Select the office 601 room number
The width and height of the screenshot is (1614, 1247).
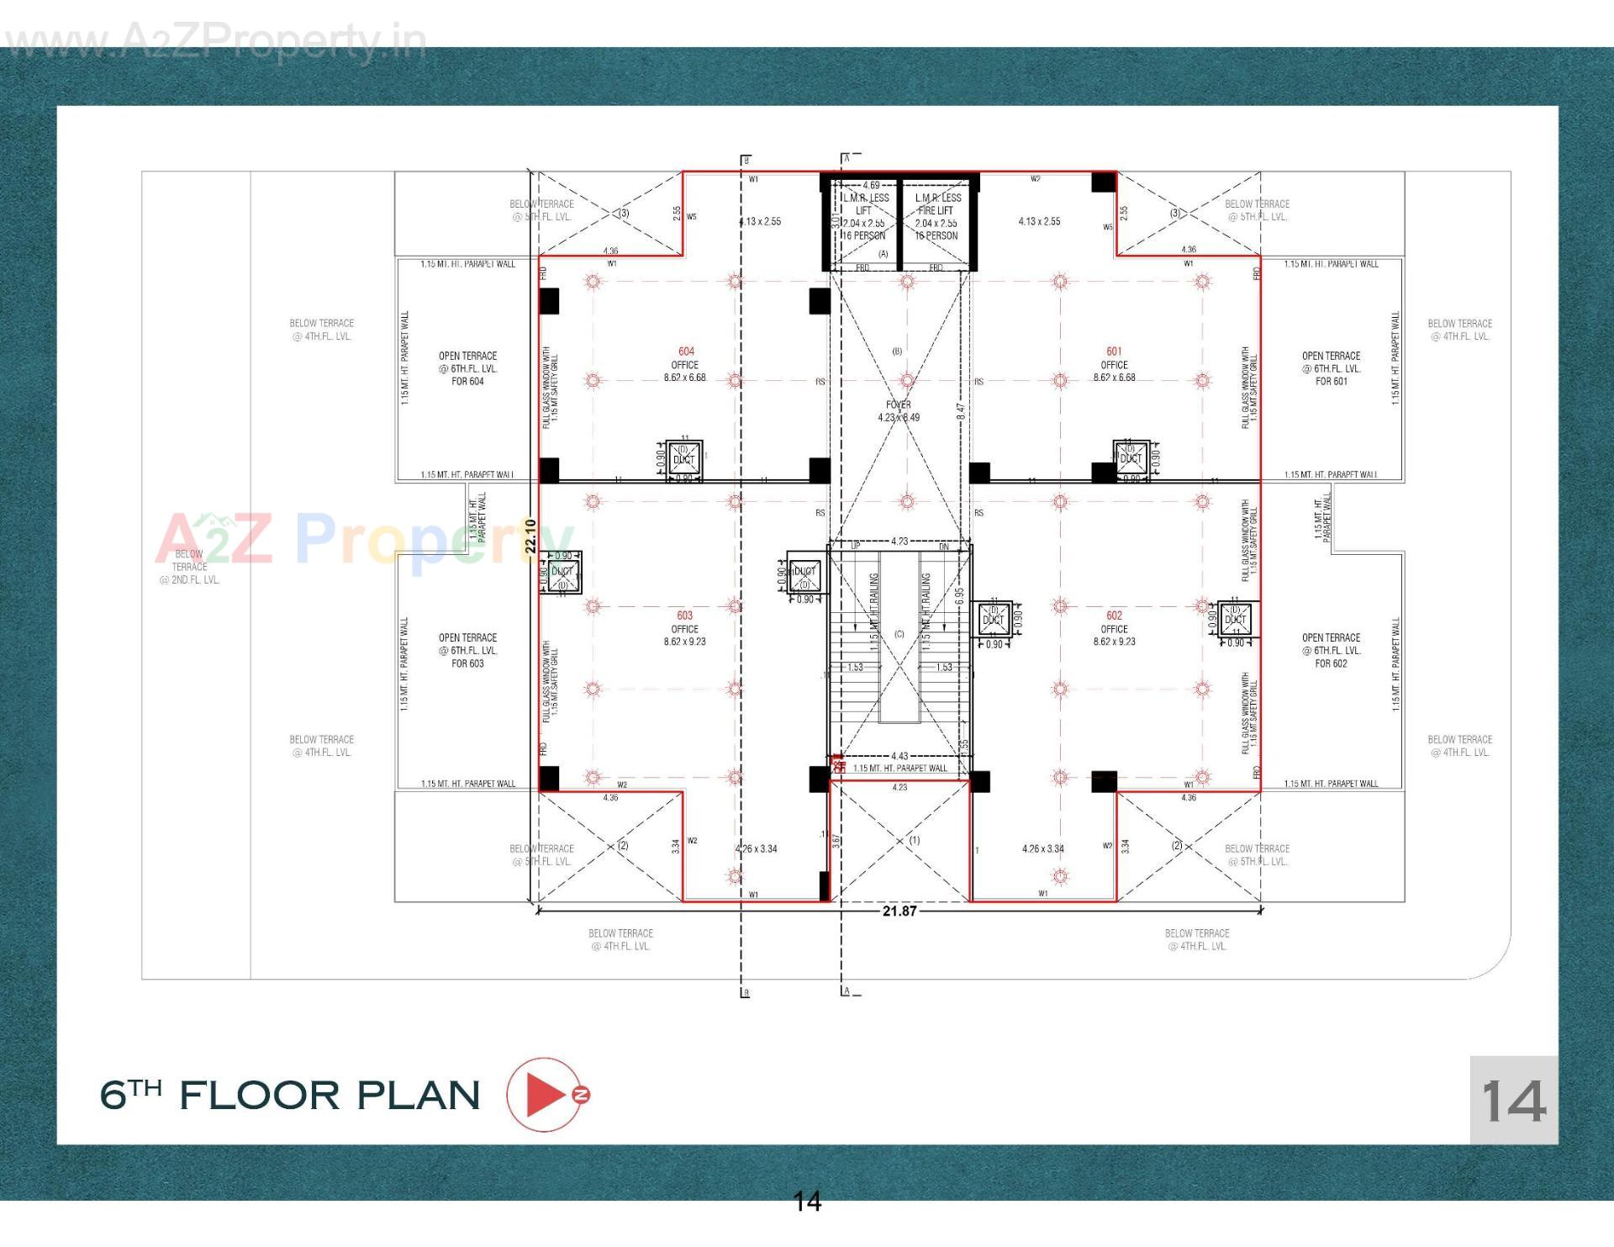pyautogui.click(x=1114, y=351)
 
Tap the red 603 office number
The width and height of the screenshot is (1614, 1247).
pyautogui.click(x=685, y=616)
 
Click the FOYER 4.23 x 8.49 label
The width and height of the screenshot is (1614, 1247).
pyautogui.click(x=899, y=411)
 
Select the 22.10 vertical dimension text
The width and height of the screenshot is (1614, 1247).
pyautogui.click(x=530, y=536)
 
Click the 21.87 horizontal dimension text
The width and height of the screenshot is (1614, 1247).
pyautogui.click(x=899, y=911)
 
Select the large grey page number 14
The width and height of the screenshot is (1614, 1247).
pyautogui.click(x=1513, y=1101)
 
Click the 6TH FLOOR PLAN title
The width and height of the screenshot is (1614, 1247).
pyautogui.click(x=290, y=1095)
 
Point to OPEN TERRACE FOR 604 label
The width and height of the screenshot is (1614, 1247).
pyautogui.click(x=467, y=368)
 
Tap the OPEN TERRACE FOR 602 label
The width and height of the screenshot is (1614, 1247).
pyautogui.click(x=1331, y=650)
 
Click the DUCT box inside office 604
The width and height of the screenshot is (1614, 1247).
pyautogui.click(x=684, y=459)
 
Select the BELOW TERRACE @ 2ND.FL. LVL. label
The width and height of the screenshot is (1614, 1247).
pyautogui.click(x=189, y=567)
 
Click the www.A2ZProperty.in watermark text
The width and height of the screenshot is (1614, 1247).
pyautogui.click(x=214, y=42)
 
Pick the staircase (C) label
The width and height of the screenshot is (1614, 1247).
pyautogui.click(x=899, y=634)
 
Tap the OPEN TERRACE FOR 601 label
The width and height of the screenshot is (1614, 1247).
pyautogui.click(x=1331, y=368)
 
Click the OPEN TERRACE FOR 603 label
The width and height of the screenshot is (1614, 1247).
pyautogui.click(x=467, y=650)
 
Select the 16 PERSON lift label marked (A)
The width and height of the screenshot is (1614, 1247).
pyautogui.click(x=864, y=236)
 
